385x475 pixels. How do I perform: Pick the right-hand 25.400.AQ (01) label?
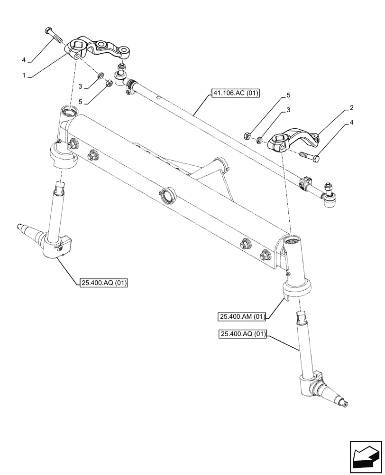(x=243, y=334)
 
